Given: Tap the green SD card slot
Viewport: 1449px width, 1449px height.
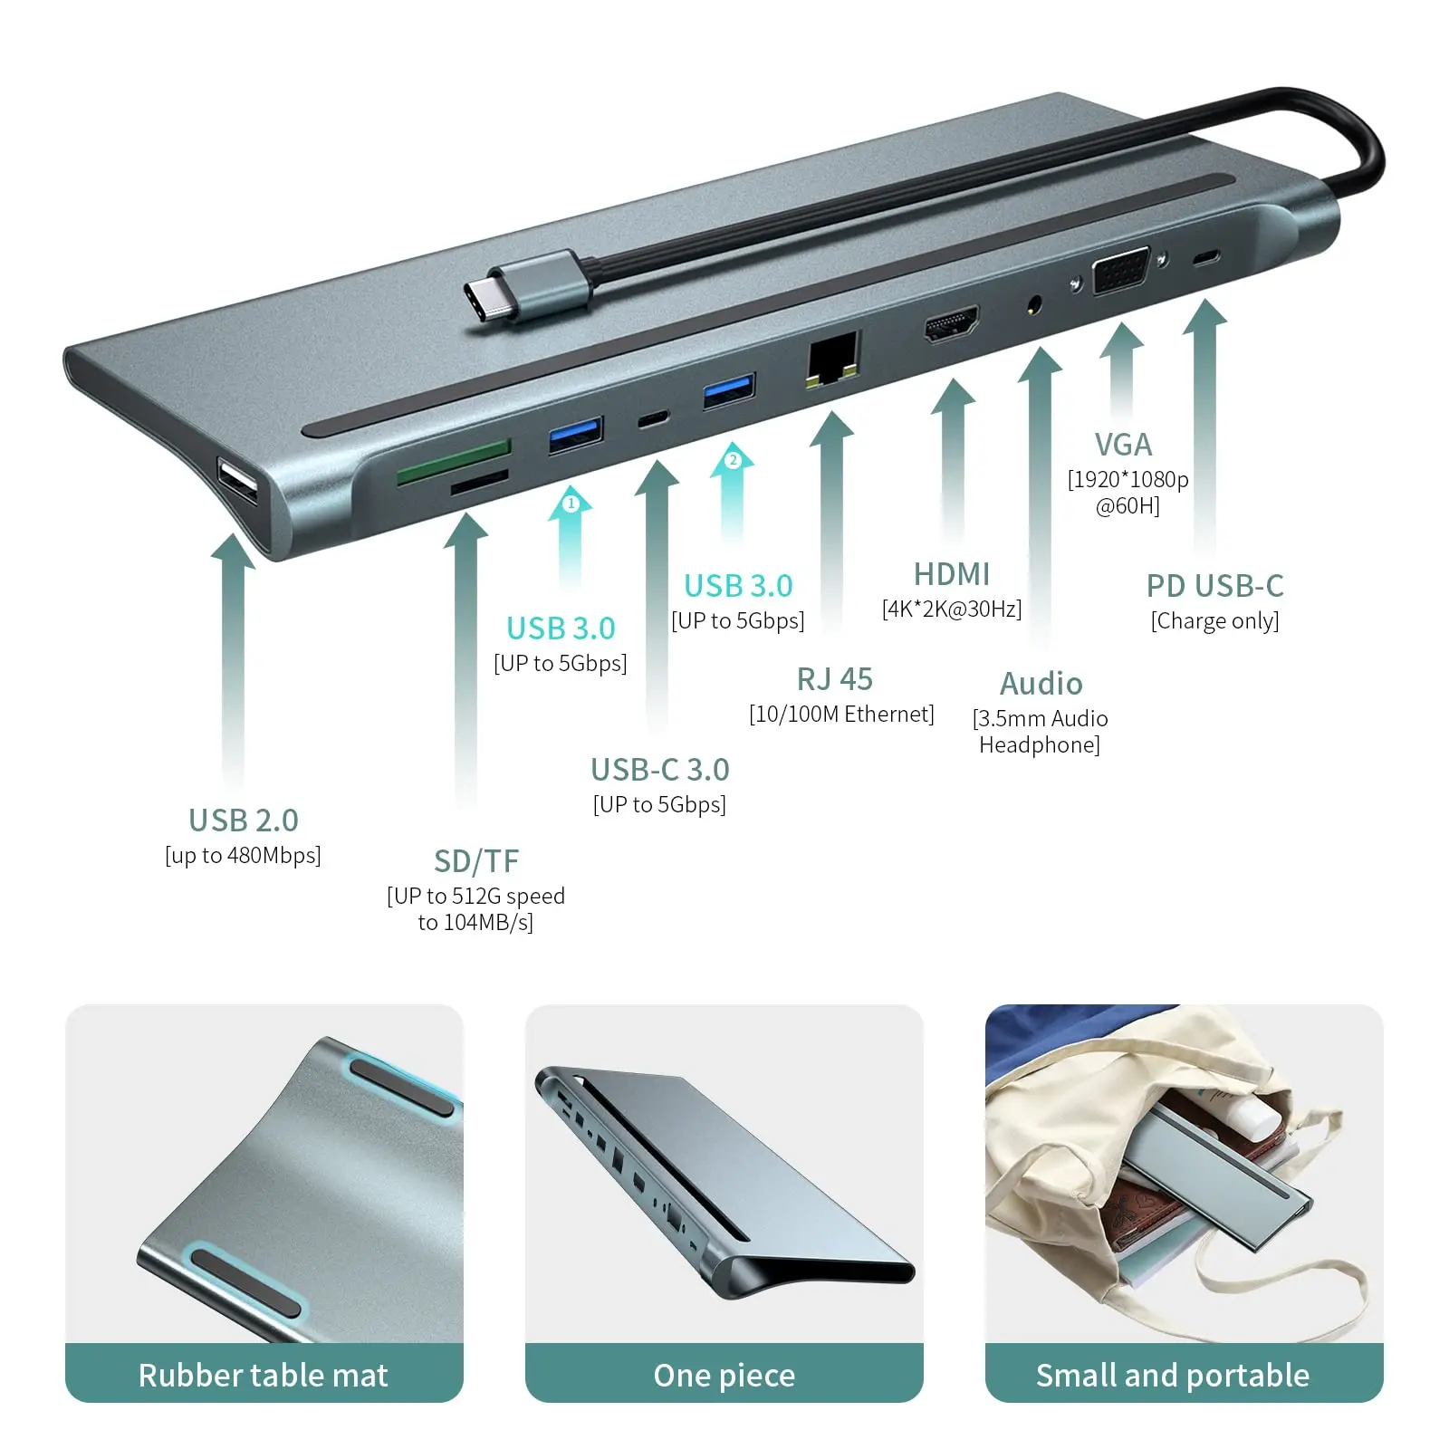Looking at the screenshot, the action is [x=454, y=461].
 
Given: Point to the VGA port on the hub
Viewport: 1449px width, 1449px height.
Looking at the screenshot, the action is [x=1121, y=272].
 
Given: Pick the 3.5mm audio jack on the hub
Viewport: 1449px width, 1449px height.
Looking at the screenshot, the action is [x=1033, y=305].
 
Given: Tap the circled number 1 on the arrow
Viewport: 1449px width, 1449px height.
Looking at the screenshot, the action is [x=571, y=503].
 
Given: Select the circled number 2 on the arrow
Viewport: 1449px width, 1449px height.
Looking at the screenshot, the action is [x=734, y=460].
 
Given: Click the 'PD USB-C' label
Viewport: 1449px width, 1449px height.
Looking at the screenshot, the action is [x=1214, y=586].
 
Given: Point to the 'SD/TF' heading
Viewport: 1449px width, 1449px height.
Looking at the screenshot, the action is [x=476, y=860].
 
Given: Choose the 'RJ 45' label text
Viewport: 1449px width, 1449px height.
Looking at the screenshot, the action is [x=835, y=678].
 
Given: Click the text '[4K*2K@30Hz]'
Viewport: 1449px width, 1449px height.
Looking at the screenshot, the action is [x=952, y=609].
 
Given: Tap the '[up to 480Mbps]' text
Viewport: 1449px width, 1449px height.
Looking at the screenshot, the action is [x=243, y=855].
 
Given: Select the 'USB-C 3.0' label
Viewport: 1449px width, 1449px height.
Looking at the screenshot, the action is [x=659, y=770].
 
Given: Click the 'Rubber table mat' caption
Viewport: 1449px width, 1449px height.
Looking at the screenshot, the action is [x=264, y=1375].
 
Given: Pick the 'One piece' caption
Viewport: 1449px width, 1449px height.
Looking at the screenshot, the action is [x=724, y=1376].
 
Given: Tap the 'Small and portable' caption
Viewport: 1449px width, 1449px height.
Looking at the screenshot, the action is [x=1173, y=1375].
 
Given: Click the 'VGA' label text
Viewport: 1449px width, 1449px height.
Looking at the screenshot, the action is [x=1123, y=445].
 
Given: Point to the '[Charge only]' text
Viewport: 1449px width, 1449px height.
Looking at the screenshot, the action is [x=1214, y=620].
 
